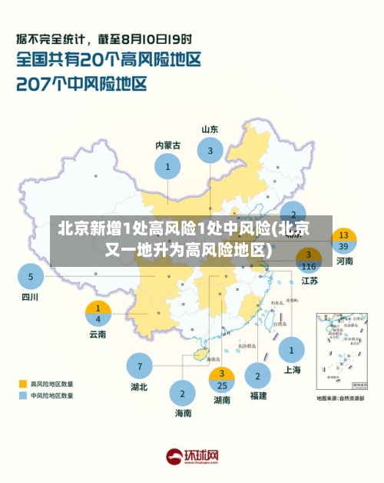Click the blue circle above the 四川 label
point(31,276)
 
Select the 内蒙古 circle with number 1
point(167,165)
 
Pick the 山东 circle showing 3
point(210,151)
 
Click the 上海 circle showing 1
point(292,350)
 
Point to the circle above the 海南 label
point(183,393)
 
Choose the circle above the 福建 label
point(258,376)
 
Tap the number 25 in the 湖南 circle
point(222,385)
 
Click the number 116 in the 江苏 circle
point(310,266)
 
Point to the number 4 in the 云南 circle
point(98,318)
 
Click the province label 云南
point(98,335)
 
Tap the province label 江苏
point(310,281)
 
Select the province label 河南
point(344,261)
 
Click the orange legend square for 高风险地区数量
point(22,382)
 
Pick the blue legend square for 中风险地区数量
point(22,395)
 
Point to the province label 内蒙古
point(167,145)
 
